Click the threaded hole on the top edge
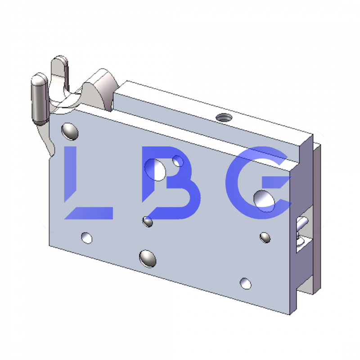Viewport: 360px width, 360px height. [x=222, y=118]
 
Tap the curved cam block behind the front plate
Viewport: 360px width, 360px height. [x=103, y=88]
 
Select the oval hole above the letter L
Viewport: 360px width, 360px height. [x=70, y=131]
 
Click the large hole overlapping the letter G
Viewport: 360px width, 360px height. [x=265, y=199]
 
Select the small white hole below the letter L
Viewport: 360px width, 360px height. [x=86, y=237]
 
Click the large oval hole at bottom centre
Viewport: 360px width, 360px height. [x=148, y=258]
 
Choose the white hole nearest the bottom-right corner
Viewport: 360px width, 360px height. [x=246, y=283]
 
